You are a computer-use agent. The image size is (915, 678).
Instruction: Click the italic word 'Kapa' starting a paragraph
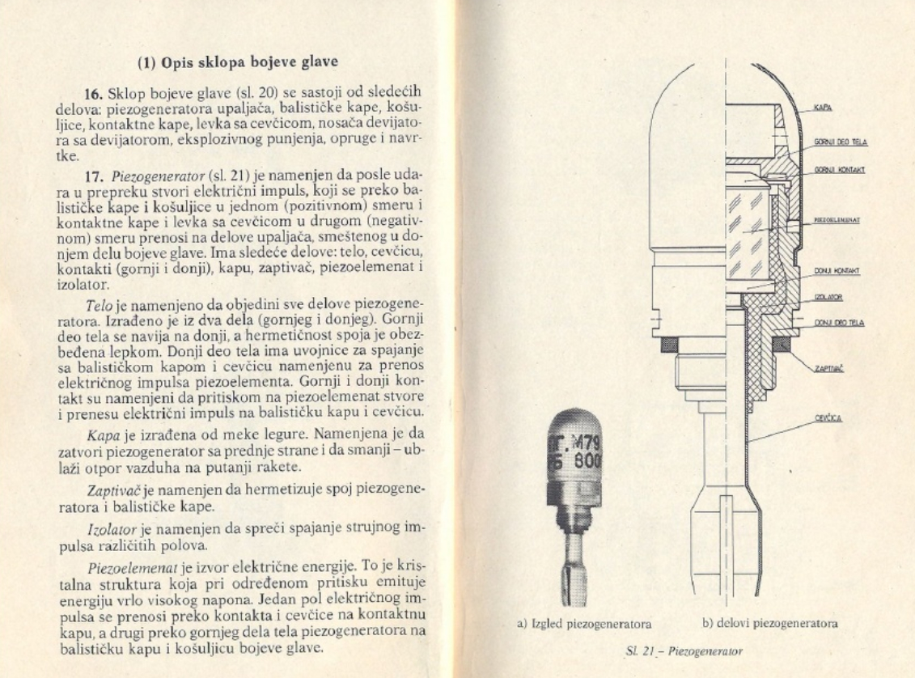click(x=101, y=432)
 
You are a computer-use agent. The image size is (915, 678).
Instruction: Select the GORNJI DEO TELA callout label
click(x=840, y=142)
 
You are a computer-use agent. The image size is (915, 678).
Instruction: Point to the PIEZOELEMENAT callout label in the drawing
click(x=837, y=219)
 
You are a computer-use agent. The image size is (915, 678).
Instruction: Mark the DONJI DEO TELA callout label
click(x=839, y=322)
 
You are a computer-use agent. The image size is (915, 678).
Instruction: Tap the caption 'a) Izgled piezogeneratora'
click(x=584, y=623)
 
